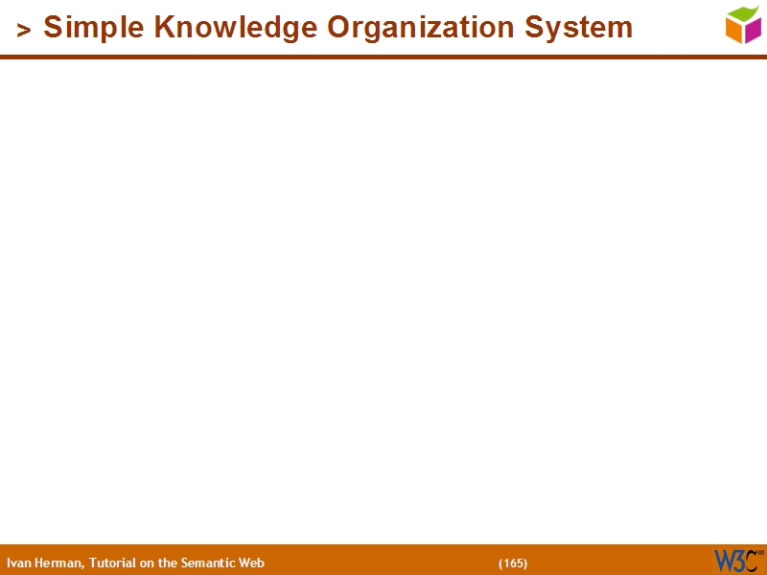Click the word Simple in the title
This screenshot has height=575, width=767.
(93, 28)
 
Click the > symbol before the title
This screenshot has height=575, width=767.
(24, 30)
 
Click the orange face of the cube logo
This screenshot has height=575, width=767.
(734, 32)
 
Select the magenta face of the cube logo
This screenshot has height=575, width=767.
(753, 31)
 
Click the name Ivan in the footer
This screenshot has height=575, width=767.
(17, 563)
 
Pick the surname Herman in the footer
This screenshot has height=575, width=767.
(58, 563)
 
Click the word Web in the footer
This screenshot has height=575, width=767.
(251, 563)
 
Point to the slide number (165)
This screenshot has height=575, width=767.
(513, 563)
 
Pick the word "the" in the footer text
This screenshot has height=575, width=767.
(169, 563)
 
